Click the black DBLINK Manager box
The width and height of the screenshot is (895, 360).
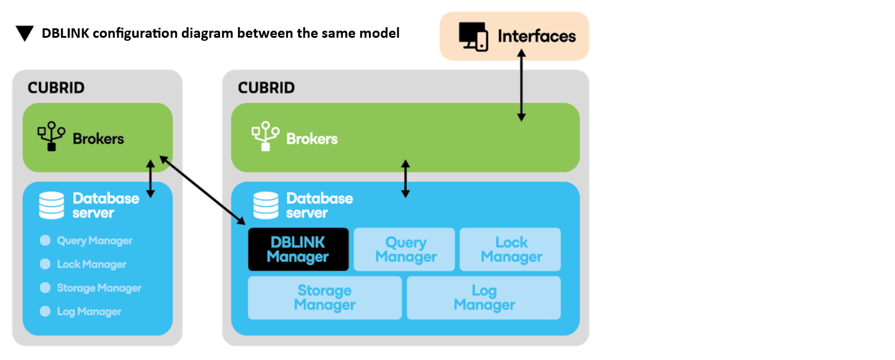[298, 250]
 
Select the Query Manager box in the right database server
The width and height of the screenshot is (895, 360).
[405, 250]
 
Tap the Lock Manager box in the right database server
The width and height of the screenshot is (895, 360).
[511, 250]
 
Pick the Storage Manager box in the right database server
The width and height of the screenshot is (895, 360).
[325, 298]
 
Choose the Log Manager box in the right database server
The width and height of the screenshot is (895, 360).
[484, 298]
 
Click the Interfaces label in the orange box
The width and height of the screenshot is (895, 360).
[537, 36]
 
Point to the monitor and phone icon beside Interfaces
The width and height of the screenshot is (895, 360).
[473, 37]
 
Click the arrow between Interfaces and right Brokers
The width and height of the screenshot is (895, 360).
[521, 86]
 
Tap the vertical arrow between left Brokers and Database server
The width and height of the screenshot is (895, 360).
[151, 176]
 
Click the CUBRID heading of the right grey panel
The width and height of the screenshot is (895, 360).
[266, 88]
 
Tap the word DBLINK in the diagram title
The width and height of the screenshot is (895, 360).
[64, 34]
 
